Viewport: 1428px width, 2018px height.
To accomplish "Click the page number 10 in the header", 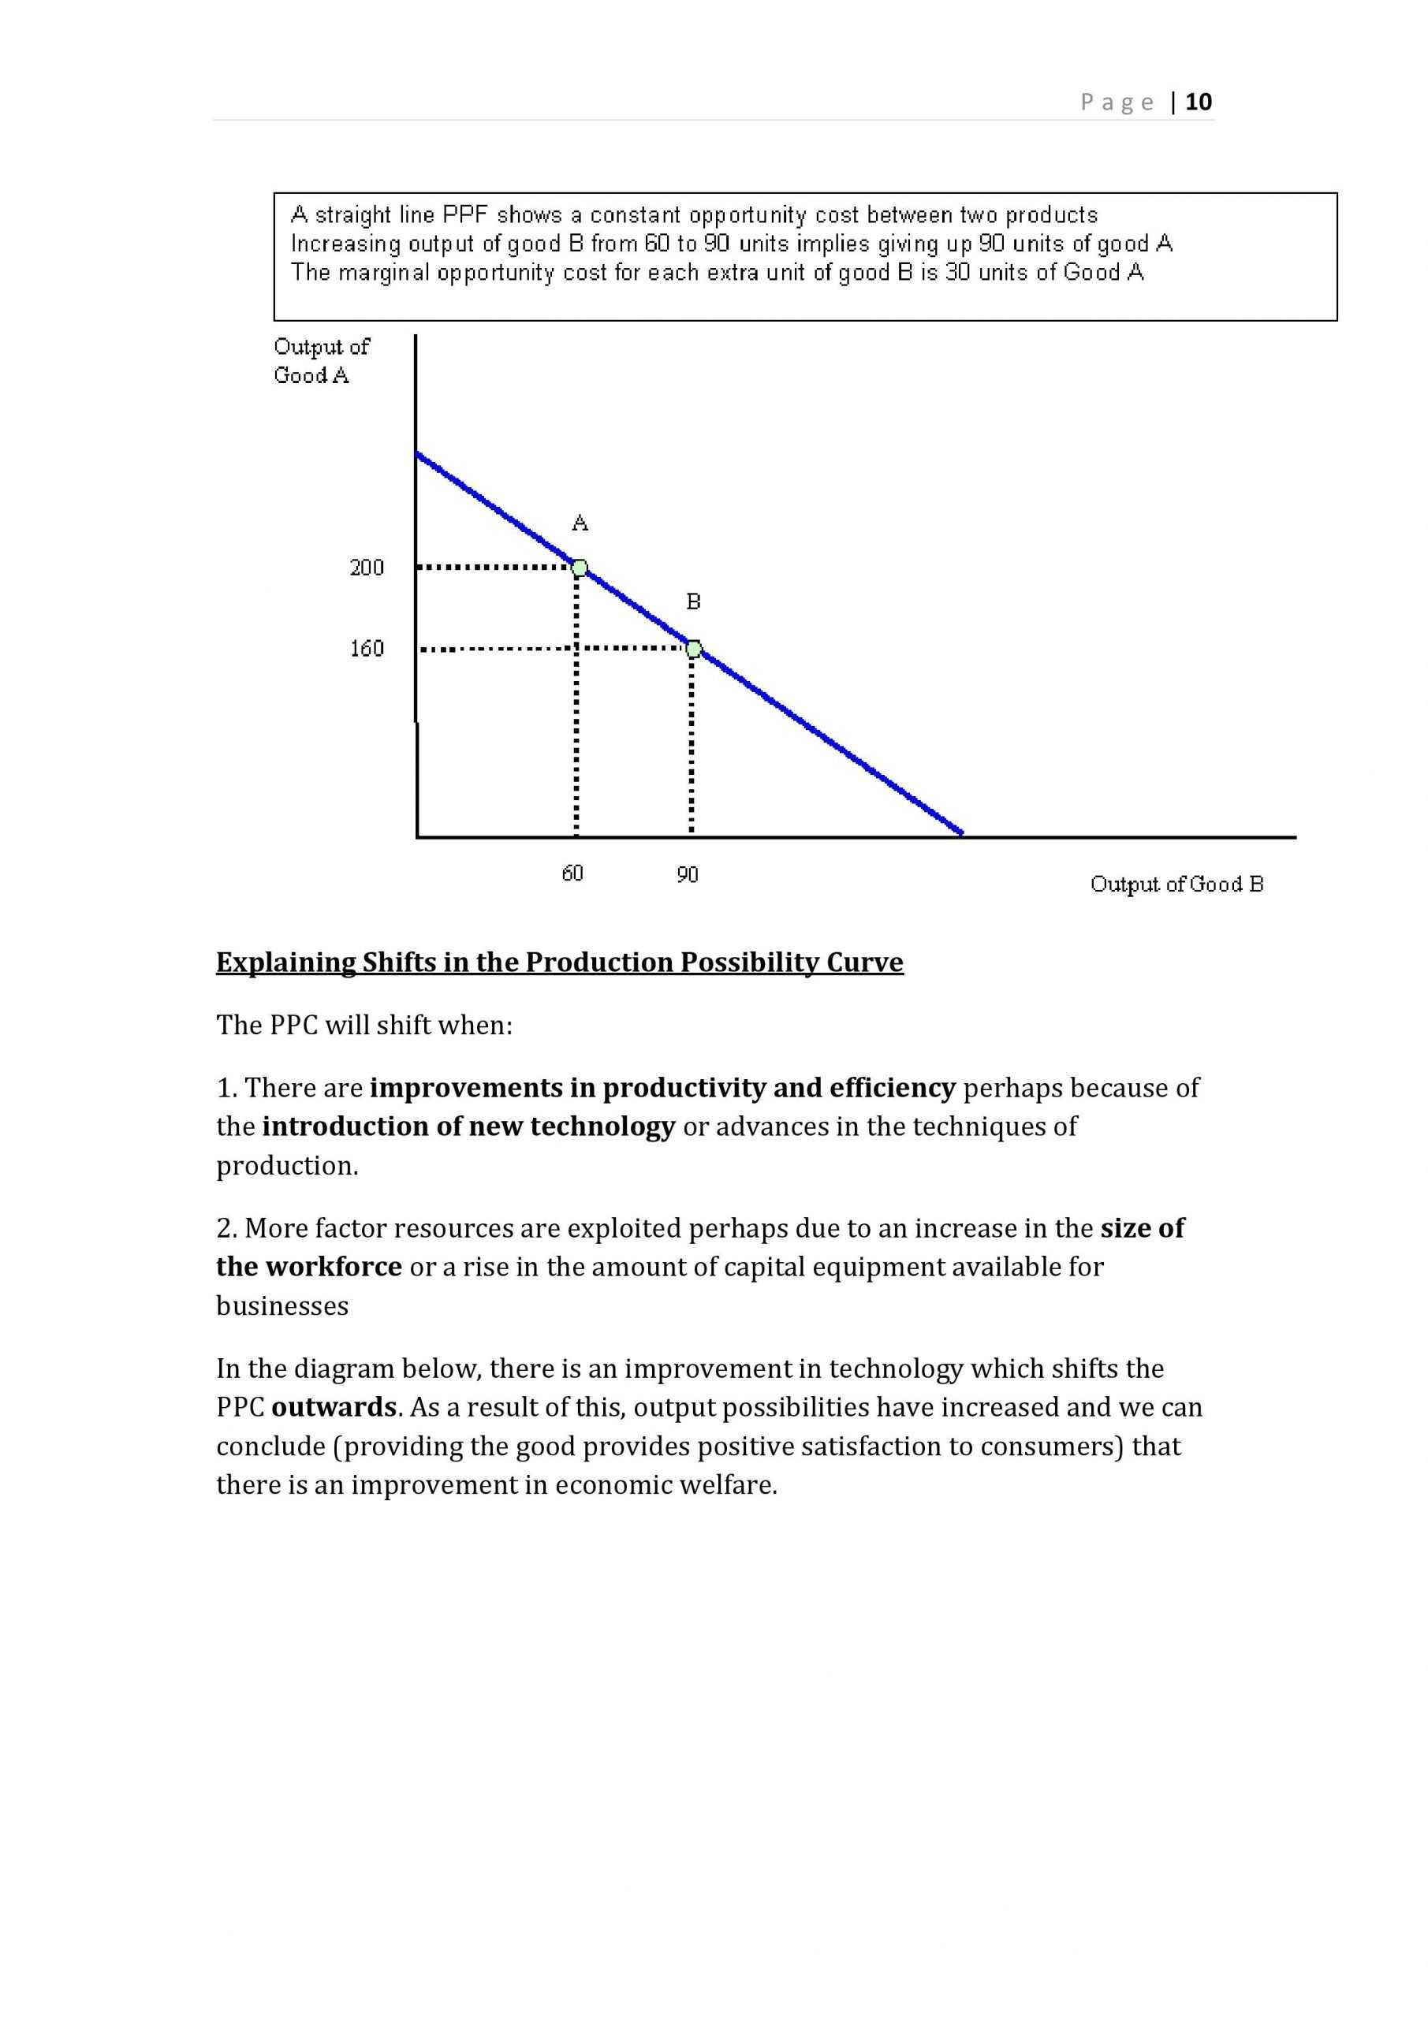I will pyautogui.click(x=1198, y=102).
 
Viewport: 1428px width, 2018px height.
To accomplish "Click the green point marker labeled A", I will pyautogui.click(x=580, y=568).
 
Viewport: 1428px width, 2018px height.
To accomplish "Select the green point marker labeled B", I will pyautogui.click(x=694, y=649).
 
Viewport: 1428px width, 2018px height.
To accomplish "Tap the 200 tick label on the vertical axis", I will pyautogui.click(x=367, y=568).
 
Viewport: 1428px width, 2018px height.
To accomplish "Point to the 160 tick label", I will pyautogui.click(x=367, y=649).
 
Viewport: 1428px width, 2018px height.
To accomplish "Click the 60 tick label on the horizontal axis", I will pyautogui.click(x=572, y=873).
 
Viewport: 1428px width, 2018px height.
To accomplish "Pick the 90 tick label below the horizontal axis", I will pyautogui.click(x=688, y=874).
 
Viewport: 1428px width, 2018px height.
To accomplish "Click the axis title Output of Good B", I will pyautogui.click(x=1176, y=884).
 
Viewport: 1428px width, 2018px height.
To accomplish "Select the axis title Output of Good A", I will pyautogui.click(x=321, y=360).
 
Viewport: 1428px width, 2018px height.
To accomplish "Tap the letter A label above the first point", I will pyautogui.click(x=580, y=524).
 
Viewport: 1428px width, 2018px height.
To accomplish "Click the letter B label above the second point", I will pyautogui.click(x=693, y=602).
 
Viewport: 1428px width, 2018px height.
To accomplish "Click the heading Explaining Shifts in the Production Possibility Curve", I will pyautogui.click(x=559, y=962).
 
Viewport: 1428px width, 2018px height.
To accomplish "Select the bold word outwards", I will pyautogui.click(x=334, y=1407).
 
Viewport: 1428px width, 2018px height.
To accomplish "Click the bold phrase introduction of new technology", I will pyautogui.click(x=468, y=1126).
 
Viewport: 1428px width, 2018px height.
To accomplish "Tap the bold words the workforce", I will pyautogui.click(x=308, y=1267).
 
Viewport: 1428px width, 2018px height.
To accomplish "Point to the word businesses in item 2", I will pyautogui.click(x=282, y=1306).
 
